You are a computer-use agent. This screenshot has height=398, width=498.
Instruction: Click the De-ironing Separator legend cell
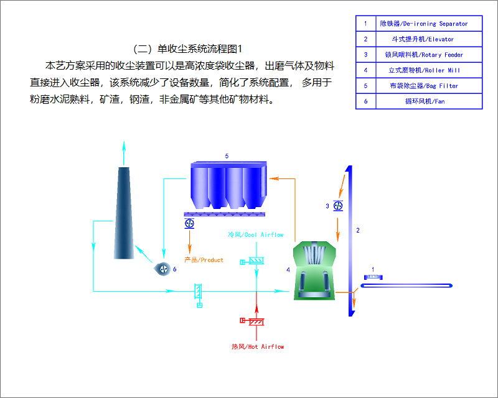423,24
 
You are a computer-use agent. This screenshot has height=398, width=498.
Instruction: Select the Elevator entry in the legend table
423,39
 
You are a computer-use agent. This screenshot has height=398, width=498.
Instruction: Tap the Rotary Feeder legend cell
423,55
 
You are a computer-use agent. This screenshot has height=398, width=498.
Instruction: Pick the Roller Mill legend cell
423,70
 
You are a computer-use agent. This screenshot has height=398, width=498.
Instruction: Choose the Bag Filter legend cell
423,86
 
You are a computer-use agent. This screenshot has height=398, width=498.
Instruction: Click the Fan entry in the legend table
423,101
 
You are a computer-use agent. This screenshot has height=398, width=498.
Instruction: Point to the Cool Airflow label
255,235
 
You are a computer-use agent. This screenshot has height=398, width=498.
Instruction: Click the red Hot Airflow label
258,346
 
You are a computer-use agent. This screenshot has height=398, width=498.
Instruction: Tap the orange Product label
204,260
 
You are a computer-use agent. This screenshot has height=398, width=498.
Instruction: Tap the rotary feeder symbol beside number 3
338,206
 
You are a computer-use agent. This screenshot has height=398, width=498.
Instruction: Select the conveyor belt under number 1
407,285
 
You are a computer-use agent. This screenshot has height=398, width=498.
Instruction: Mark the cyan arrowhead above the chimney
124,146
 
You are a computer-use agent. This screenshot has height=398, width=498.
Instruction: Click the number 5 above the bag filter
227,155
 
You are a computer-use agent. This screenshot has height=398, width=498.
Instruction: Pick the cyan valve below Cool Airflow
255,261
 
